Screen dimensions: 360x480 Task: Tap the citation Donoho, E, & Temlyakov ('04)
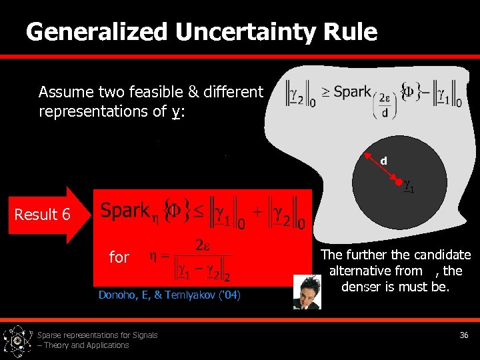(x=169, y=295)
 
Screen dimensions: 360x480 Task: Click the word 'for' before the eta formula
(x=119, y=257)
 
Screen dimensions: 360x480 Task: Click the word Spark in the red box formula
(x=124, y=211)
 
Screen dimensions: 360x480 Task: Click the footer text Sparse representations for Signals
(x=97, y=335)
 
